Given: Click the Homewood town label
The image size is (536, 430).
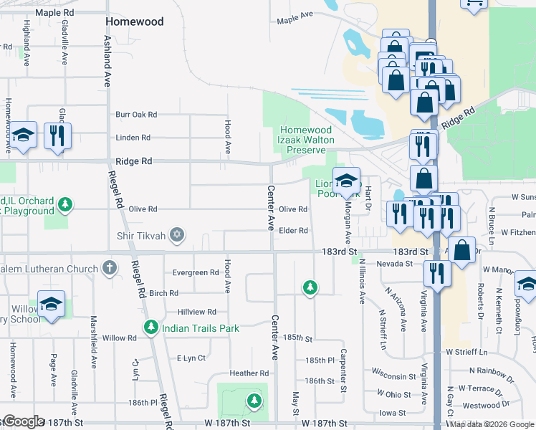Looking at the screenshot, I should click(135, 21).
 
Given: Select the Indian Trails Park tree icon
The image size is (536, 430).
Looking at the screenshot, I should click(150, 328).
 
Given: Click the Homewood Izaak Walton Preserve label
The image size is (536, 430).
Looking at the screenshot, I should click(306, 140).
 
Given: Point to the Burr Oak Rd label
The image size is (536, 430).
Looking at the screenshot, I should click(136, 114).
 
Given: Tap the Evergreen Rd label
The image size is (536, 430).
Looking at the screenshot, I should click(196, 272).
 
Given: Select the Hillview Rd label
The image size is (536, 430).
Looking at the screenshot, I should click(196, 312).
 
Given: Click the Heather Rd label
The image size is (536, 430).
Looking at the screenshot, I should click(249, 373).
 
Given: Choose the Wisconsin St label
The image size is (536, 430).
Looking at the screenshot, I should click(393, 376).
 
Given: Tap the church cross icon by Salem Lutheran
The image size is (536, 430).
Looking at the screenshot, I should click(109, 269).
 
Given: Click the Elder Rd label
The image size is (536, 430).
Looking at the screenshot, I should click(294, 230).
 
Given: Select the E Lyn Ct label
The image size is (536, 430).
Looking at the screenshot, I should click(191, 358).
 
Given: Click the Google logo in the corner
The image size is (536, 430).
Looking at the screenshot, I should click(23, 421).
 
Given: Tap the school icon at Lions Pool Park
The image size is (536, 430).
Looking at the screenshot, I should click(346, 181).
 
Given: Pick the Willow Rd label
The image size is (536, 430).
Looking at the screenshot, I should click(119, 338).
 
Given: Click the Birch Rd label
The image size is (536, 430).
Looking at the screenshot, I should click(163, 293).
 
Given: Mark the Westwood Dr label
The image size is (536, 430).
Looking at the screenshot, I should click(501, 406).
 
